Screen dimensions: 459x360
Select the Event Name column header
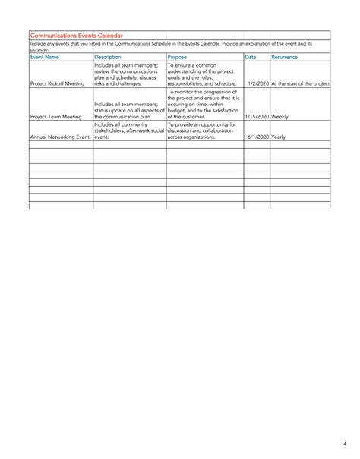(45, 57)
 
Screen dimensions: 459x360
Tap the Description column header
(108, 57)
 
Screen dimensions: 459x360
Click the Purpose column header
(177, 57)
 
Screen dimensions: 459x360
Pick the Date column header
(251, 57)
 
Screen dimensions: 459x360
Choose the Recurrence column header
(285, 57)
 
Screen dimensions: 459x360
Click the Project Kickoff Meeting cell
(58, 83)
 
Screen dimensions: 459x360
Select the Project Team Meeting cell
(55, 118)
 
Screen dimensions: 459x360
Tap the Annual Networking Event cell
(60, 138)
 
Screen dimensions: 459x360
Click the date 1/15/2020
(257, 118)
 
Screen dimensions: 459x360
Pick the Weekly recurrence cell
(279, 118)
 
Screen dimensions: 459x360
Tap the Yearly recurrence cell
(279, 138)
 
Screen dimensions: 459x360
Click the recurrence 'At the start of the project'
(301, 83)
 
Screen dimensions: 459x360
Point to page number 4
(343, 444)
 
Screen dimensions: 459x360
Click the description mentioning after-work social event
(128, 131)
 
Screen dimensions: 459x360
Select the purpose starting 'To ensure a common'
(202, 74)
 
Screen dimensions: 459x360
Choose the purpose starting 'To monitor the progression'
(204, 104)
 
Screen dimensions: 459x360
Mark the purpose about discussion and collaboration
(202, 131)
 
